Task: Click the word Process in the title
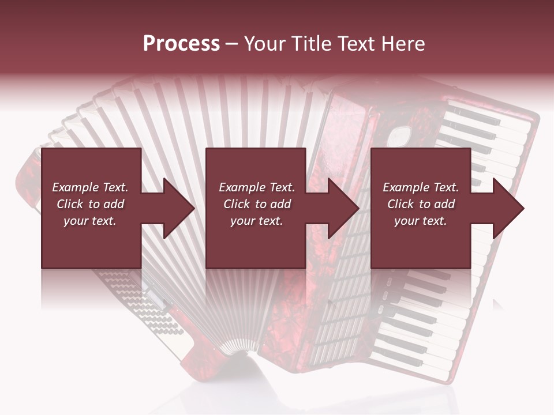click(181, 44)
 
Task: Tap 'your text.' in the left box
click(90, 221)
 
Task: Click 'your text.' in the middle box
click(257, 221)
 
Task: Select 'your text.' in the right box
click(421, 221)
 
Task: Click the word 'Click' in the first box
click(70, 204)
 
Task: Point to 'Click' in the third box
click(401, 204)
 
